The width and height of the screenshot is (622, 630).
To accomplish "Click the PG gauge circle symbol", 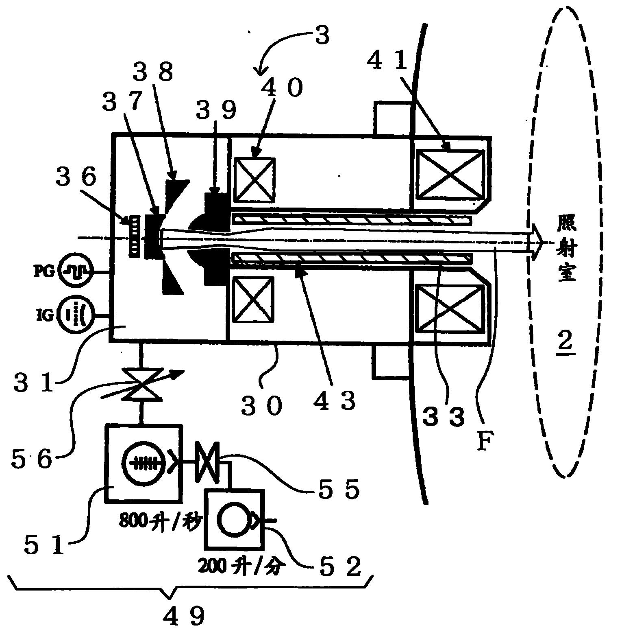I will tap(76, 271).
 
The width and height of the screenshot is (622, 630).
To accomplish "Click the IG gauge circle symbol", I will tap(76, 314).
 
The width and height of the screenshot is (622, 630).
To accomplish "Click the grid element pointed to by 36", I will tap(134, 236).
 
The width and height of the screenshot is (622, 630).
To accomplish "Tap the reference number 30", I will tap(261, 406).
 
